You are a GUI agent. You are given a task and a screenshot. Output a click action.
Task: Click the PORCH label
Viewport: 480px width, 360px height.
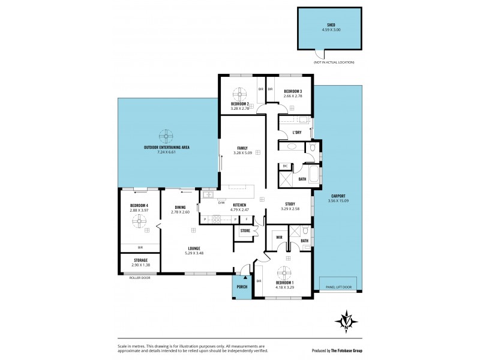241,287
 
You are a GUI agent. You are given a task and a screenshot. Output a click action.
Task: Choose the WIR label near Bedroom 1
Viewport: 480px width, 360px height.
279,238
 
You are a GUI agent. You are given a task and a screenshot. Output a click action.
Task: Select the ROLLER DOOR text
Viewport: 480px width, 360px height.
139,278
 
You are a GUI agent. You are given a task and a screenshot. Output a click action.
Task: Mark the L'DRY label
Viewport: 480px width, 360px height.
296,132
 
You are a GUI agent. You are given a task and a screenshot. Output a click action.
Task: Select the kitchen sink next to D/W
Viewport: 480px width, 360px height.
208,194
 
